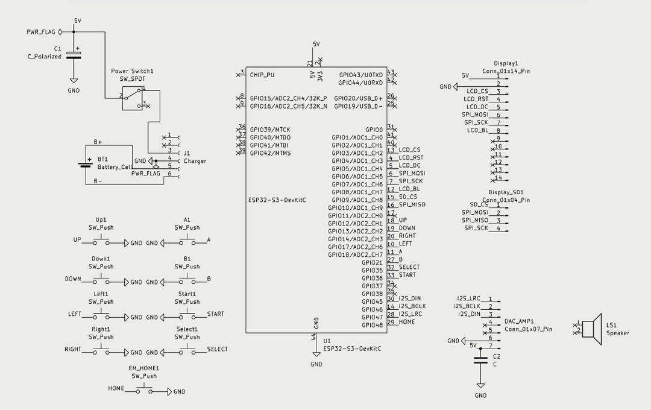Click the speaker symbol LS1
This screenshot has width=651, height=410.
click(x=592, y=329)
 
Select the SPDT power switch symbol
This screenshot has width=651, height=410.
click(x=133, y=98)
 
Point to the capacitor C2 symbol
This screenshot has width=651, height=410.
click(x=481, y=360)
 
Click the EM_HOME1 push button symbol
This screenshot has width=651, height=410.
click(x=144, y=390)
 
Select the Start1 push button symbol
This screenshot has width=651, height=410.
click(x=187, y=315)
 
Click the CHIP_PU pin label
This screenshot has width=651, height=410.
click(x=262, y=75)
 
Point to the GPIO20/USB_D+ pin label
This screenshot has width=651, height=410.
click(x=358, y=98)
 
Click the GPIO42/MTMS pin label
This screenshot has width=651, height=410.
click(x=270, y=153)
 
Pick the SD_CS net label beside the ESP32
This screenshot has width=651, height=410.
click(x=407, y=197)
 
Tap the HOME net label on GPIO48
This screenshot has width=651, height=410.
click(x=406, y=322)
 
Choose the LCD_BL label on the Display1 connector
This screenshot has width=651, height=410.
click(x=477, y=130)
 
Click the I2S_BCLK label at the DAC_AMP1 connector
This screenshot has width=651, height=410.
click(x=467, y=306)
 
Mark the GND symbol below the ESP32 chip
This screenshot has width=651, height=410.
click(x=316, y=354)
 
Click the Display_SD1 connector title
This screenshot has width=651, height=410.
click(x=506, y=192)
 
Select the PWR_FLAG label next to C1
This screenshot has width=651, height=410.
click(x=41, y=32)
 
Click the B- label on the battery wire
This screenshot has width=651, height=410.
click(x=98, y=181)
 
